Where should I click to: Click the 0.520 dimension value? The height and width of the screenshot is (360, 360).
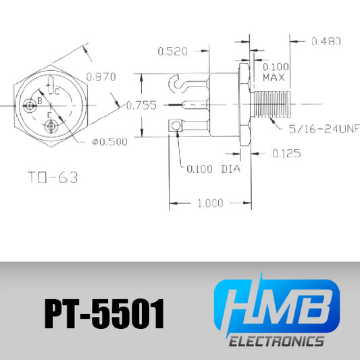(x=172, y=51)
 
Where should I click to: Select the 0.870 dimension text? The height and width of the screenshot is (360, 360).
(x=101, y=77)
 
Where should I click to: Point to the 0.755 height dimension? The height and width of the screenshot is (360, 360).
(x=141, y=105)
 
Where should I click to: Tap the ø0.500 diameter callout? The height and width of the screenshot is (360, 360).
(x=109, y=142)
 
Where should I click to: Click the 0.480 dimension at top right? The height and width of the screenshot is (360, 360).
(x=326, y=41)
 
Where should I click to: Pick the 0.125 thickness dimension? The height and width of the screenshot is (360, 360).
(x=286, y=153)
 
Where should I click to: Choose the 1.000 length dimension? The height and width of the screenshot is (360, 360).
(x=210, y=203)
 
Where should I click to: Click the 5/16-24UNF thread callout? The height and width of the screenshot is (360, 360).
(x=324, y=129)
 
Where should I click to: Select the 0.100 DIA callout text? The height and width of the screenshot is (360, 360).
(x=213, y=169)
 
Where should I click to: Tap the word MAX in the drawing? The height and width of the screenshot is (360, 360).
(x=274, y=78)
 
